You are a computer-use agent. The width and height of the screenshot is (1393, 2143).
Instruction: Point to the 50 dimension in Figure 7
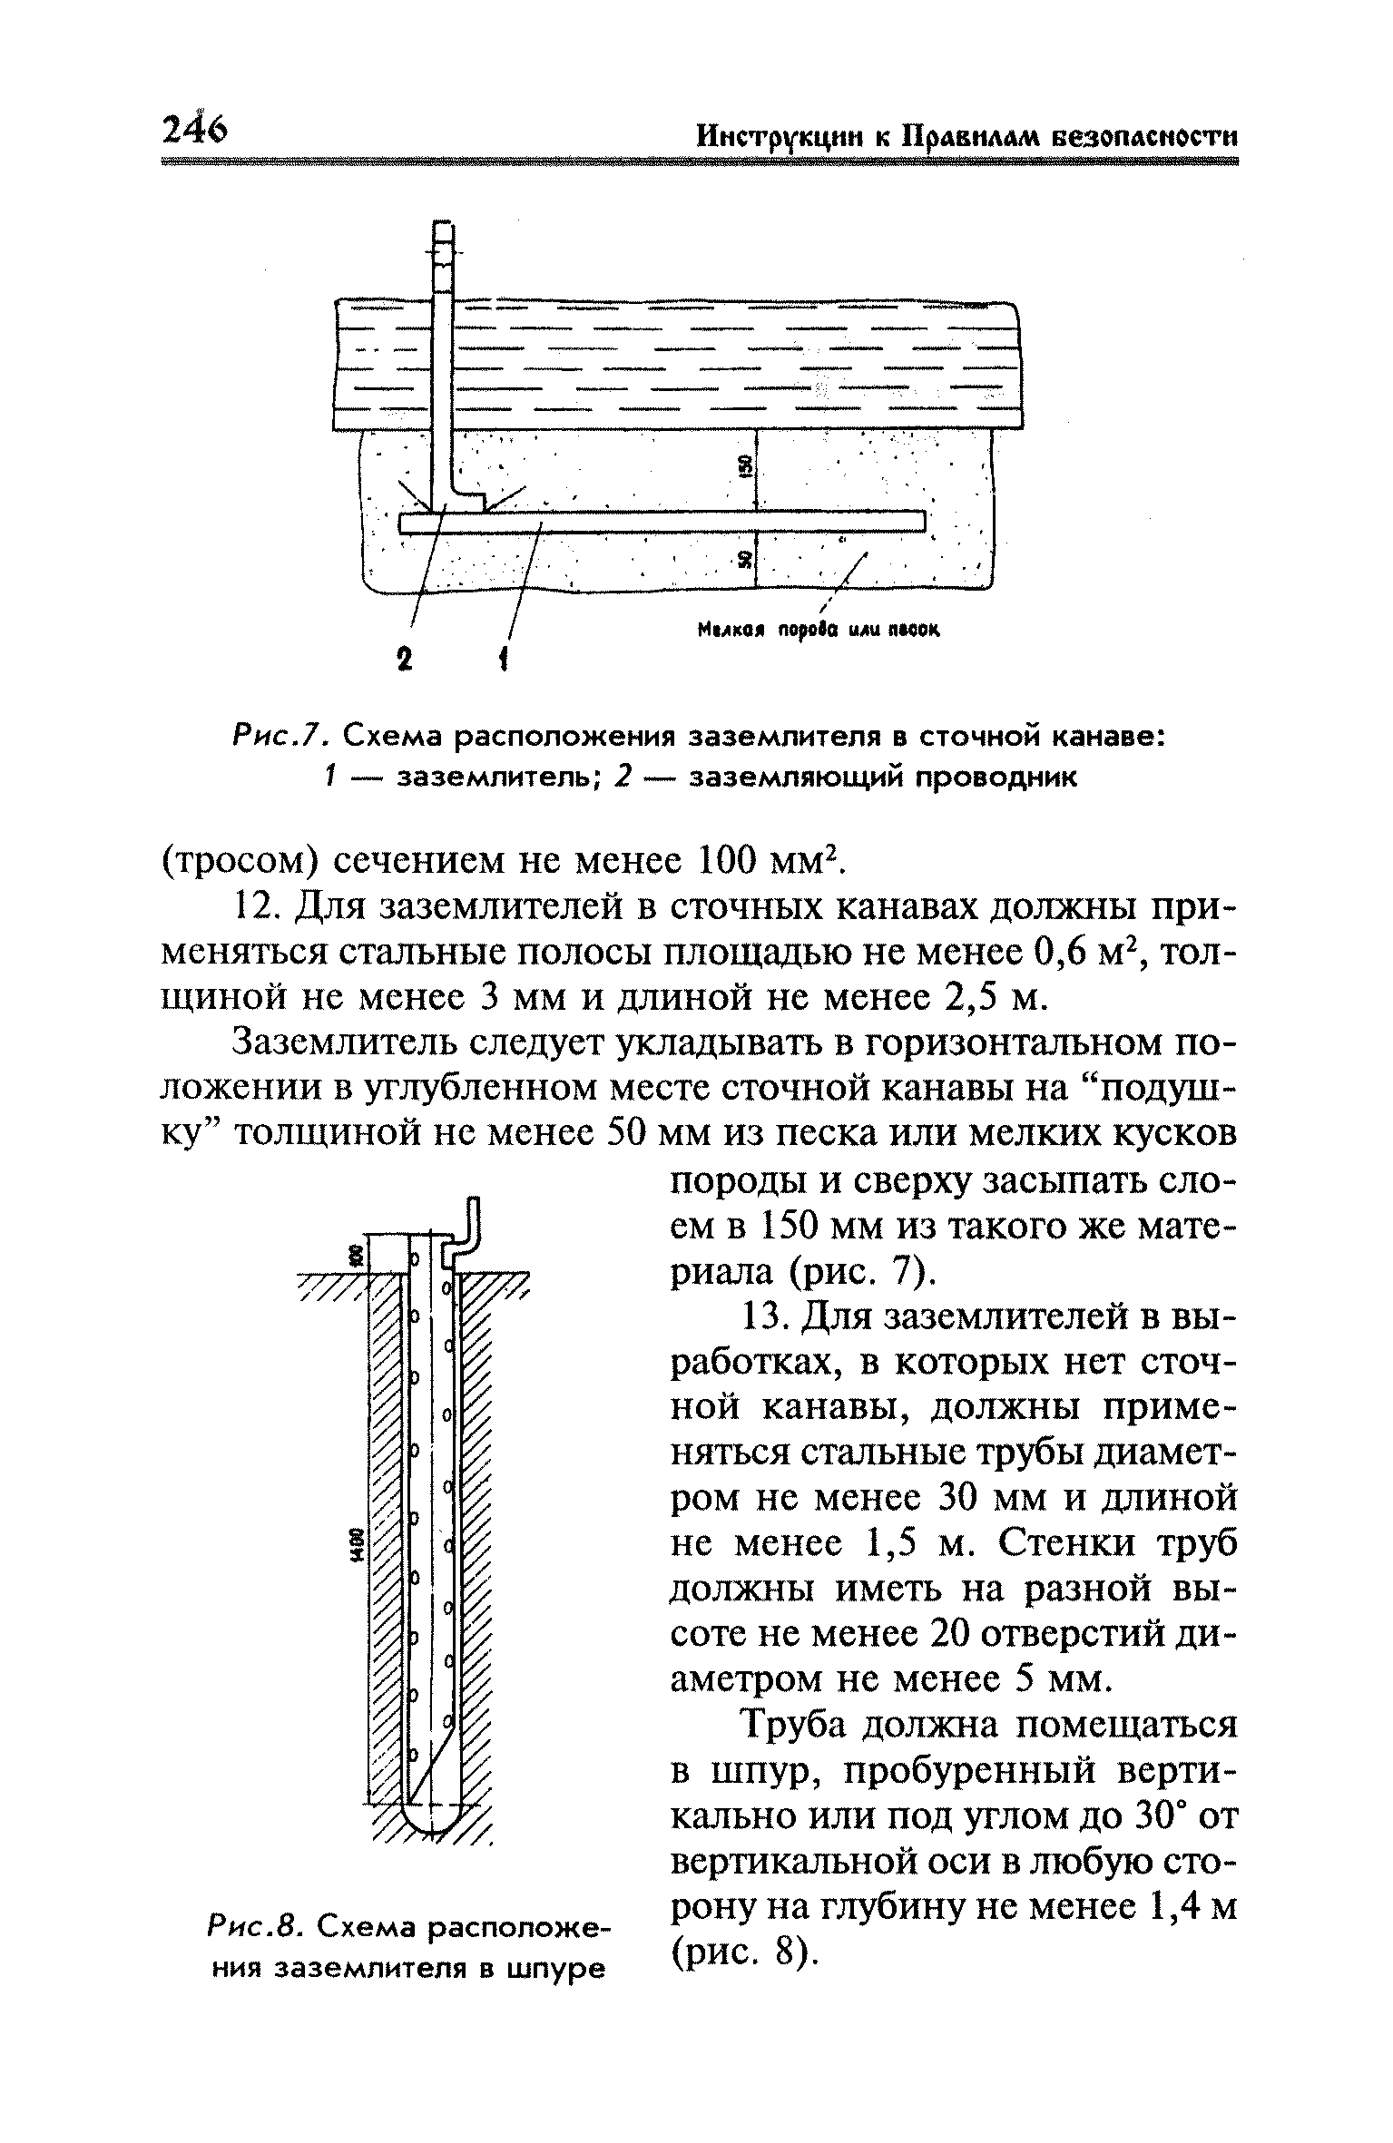[x=745, y=560]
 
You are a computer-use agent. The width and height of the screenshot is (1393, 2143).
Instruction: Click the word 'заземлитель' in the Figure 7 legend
[x=473, y=778]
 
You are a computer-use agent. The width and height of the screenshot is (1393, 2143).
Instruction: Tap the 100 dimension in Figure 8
[x=356, y=1256]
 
